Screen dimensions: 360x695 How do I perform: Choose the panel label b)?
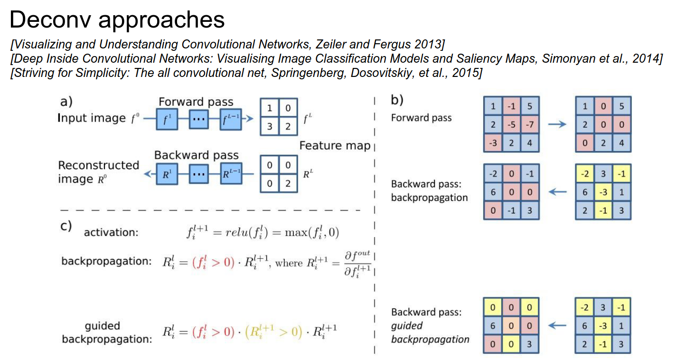point(397,100)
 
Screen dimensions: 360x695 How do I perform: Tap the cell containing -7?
point(529,125)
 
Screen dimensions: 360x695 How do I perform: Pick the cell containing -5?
point(511,125)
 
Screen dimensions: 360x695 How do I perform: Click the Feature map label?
point(335,146)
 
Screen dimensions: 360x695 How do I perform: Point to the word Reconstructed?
point(98,165)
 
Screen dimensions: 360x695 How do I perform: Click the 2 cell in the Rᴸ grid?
point(288,183)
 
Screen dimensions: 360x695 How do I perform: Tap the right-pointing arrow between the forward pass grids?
point(557,124)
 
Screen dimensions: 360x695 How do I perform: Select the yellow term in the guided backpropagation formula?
point(273,331)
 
